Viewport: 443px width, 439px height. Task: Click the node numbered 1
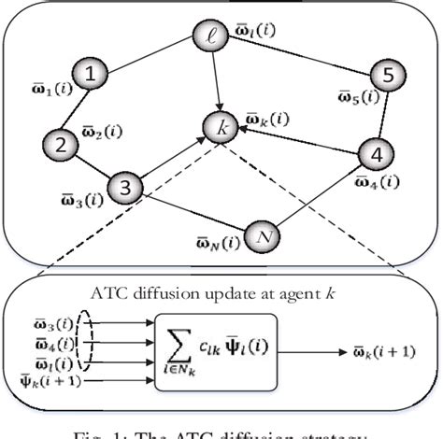(x=90, y=74)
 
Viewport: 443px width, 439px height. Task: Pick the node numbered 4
(x=376, y=153)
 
